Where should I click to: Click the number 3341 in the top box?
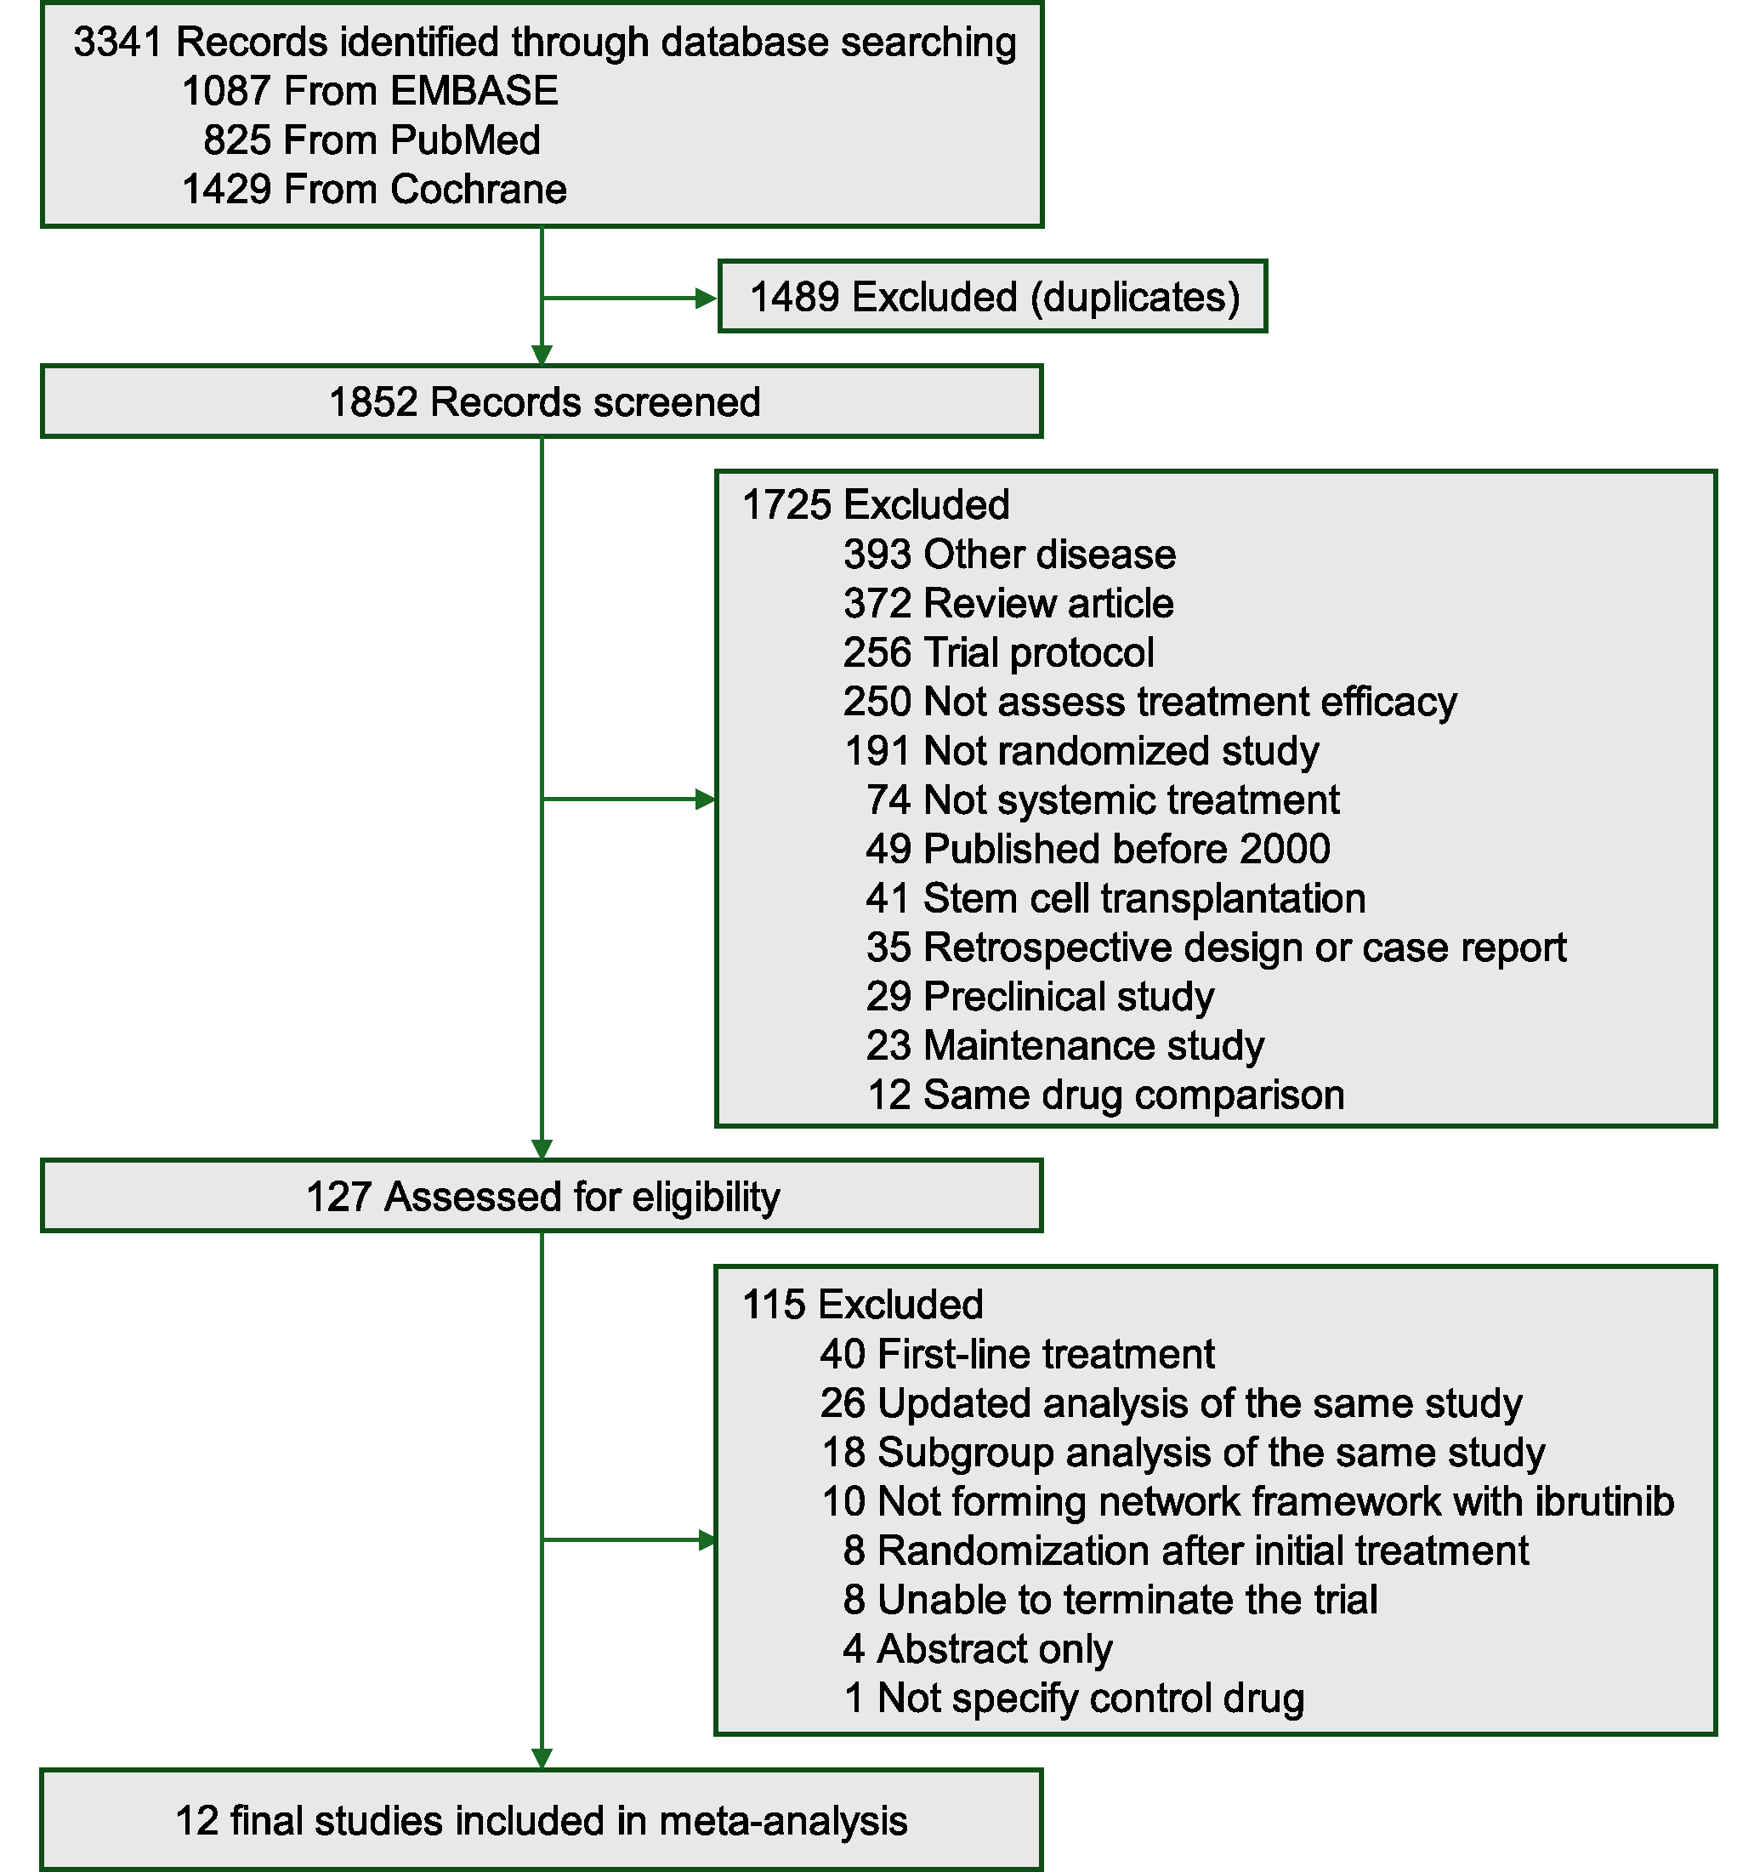click(x=117, y=43)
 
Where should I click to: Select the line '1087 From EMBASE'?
click(x=369, y=91)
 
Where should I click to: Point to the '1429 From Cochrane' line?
click(x=374, y=189)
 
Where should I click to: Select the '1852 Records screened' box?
click(x=542, y=402)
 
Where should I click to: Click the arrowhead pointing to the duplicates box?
click(x=706, y=298)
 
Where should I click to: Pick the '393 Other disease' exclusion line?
click(x=1008, y=555)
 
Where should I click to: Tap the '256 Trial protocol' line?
click(x=998, y=652)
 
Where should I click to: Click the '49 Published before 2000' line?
click(x=1097, y=849)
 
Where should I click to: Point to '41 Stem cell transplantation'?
click(x=1115, y=898)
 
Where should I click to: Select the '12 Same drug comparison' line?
click(x=1104, y=1095)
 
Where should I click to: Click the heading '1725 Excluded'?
click(x=875, y=505)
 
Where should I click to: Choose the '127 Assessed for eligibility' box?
click(x=542, y=1197)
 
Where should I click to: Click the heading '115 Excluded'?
click(x=862, y=1305)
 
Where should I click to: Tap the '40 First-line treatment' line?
click(x=1017, y=1355)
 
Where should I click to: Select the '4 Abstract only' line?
click(x=978, y=1649)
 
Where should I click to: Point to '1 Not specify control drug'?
click(x=1074, y=1698)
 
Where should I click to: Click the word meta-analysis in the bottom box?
click(x=783, y=1821)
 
